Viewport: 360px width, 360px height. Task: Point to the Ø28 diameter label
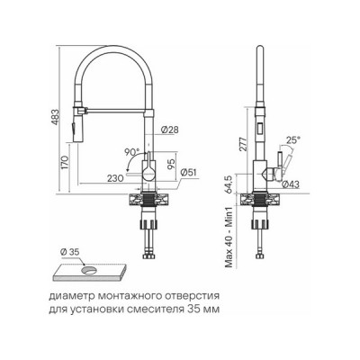tap(167, 131)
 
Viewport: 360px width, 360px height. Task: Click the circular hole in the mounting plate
tap(88, 268)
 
